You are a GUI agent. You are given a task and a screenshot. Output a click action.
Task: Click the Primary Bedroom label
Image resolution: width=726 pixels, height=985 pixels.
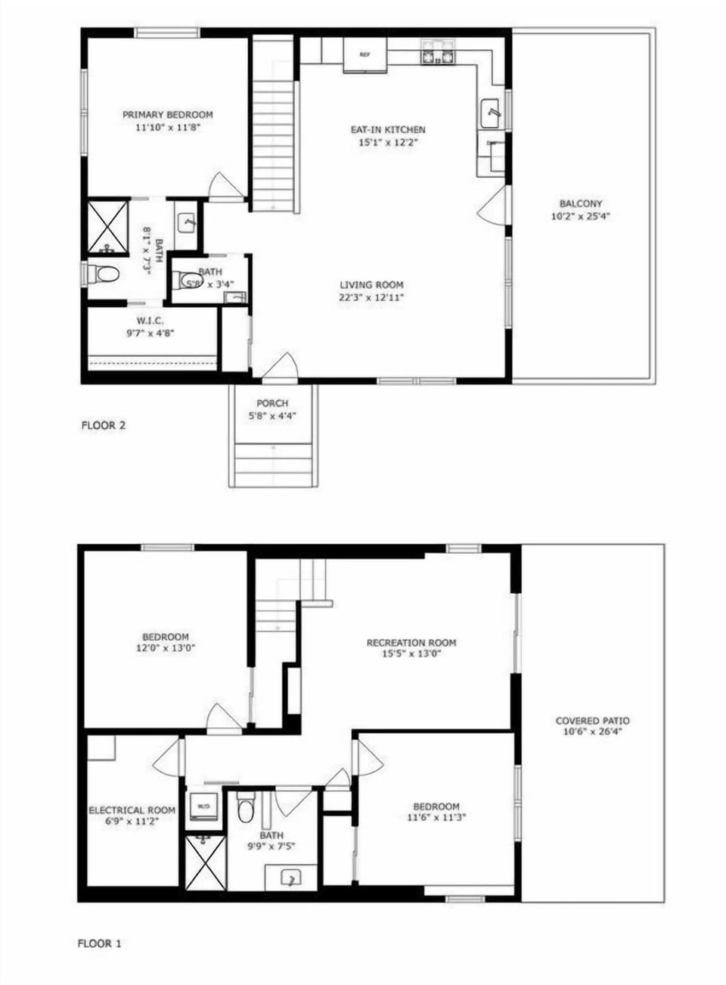coord(168,115)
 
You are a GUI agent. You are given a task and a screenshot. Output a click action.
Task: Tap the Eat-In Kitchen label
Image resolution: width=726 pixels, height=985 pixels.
coord(387,130)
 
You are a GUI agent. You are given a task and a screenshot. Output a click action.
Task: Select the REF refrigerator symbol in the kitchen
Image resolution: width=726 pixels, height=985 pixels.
coord(365,54)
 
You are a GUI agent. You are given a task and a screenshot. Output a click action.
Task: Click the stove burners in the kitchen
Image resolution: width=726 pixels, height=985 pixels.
coord(439,54)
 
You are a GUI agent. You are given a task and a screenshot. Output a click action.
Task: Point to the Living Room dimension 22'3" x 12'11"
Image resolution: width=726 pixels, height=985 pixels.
coord(371,297)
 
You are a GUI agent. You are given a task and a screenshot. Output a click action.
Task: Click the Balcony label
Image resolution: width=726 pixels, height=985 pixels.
coord(581,204)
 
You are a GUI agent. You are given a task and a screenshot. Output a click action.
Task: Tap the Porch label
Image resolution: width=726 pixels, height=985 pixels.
coord(272,403)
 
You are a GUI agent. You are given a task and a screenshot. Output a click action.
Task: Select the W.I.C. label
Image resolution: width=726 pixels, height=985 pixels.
coord(150,321)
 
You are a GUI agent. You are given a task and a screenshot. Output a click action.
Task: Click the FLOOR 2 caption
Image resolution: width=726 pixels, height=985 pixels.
coord(103,425)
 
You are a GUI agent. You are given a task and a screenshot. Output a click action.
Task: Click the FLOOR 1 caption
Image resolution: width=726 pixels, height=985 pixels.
coord(99,943)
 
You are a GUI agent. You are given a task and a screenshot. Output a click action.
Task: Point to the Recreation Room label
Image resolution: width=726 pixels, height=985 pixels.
coord(411,643)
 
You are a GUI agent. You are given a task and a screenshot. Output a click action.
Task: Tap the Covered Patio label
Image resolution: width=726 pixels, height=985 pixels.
coord(592,721)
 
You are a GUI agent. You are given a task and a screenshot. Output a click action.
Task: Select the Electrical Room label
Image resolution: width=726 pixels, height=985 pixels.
coord(132,810)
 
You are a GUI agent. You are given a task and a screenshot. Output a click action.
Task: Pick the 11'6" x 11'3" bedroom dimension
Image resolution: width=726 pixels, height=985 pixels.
coord(436,817)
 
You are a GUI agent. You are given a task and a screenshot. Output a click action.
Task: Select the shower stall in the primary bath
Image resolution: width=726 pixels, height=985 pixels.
coord(107,227)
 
